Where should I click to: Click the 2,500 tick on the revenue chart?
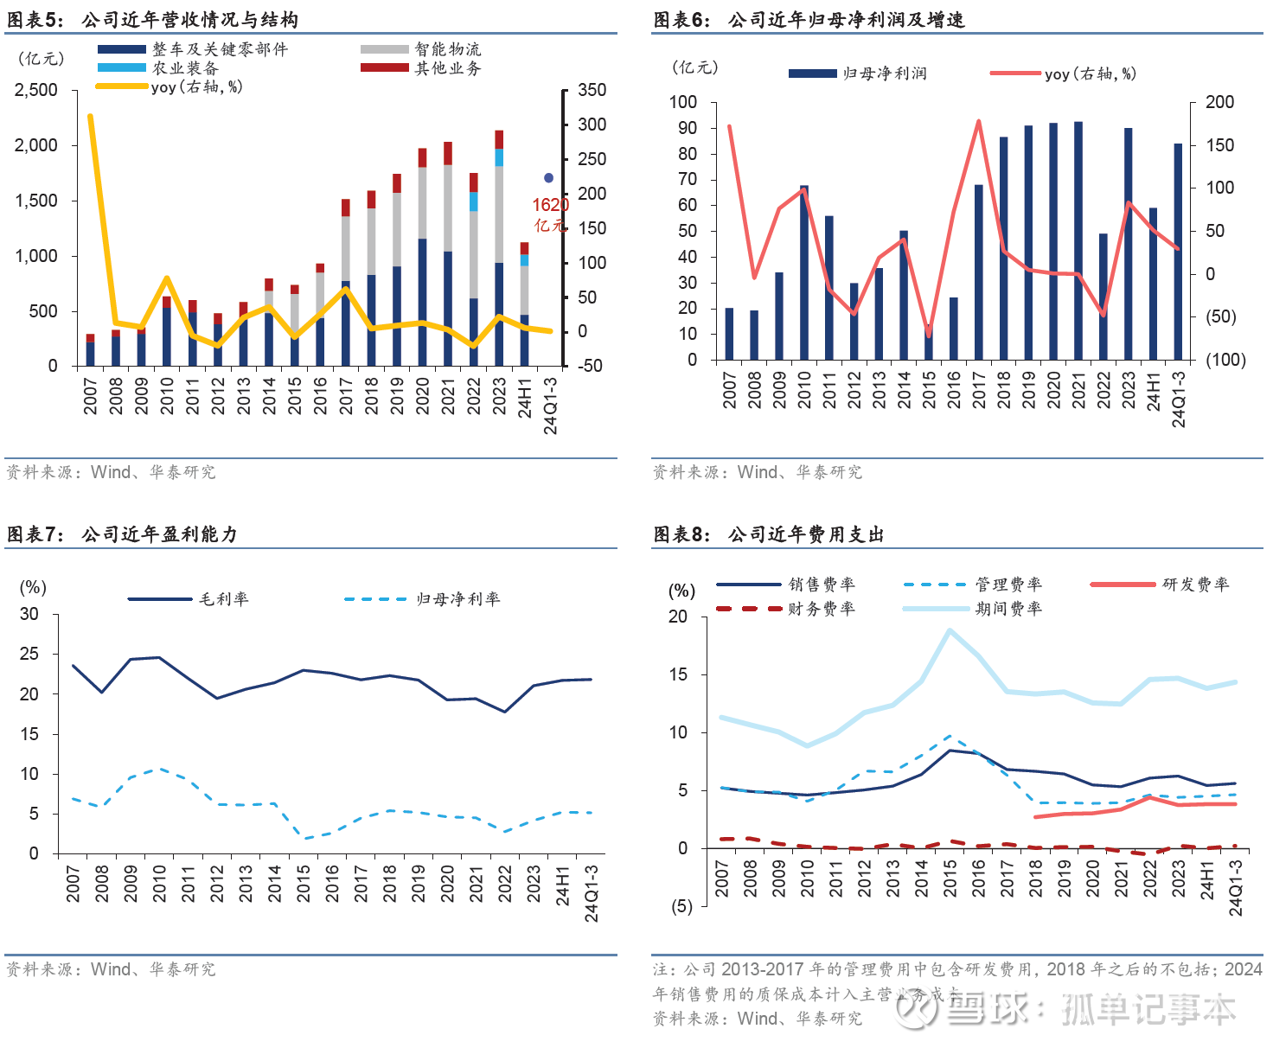click(35, 90)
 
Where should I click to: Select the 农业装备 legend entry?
click(185, 68)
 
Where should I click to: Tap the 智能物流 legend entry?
click(447, 49)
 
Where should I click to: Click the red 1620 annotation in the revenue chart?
click(550, 205)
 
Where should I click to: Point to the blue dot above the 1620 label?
click(548, 178)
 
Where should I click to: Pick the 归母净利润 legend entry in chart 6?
click(884, 74)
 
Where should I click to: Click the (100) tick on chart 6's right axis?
click(1225, 360)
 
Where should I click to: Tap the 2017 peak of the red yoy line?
click(978, 122)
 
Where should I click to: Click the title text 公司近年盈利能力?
click(159, 534)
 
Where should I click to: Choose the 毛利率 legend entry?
click(223, 598)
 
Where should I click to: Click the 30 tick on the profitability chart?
click(29, 614)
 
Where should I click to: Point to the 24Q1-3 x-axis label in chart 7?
click(592, 893)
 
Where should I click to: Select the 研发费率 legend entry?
click(1195, 585)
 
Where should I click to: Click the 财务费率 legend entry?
click(821, 609)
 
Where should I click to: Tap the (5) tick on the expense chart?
click(682, 906)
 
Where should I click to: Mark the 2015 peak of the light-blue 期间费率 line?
click(950, 630)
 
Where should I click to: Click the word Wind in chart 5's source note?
click(111, 472)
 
